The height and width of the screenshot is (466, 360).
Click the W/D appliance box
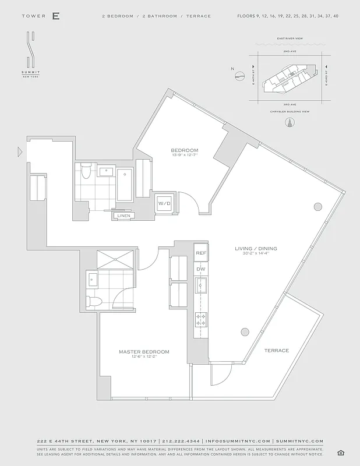coord(164,203)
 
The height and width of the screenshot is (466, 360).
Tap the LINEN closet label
coord(123,216)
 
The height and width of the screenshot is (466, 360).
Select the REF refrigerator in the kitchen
coord(201,253)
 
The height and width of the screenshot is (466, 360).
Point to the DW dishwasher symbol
coord(201,269)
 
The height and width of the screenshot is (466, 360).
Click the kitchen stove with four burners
coord(201,319)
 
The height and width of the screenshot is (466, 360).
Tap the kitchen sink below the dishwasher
coord(201,286)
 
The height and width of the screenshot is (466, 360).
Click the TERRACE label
coord(276,350)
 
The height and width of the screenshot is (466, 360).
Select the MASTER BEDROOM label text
coord(144,352)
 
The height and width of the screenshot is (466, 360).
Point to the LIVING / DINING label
coord(256,249)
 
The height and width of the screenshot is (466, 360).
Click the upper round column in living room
coord(317,206)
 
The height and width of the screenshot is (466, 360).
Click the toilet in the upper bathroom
coord(86,171)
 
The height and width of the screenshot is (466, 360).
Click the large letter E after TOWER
coord(55,16)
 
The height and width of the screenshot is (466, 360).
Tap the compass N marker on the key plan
coord(233,69)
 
